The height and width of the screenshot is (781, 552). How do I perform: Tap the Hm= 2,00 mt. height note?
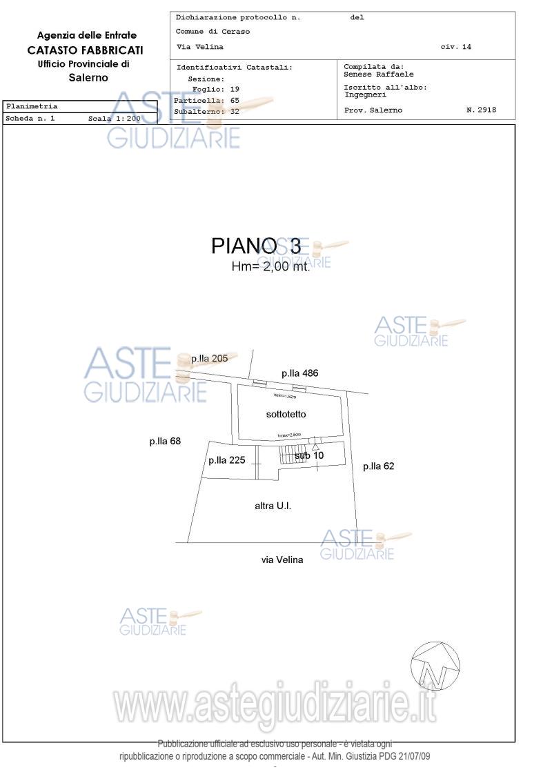click(270, 267)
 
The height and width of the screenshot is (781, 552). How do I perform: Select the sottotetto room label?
click(286, 415)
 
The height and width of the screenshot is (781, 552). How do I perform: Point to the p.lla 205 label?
click(209, 359)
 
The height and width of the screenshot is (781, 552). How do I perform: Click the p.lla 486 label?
click(299, 373)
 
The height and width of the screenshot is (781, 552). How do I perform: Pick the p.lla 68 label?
click(165, 442)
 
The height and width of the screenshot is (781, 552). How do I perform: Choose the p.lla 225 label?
click(226, 461)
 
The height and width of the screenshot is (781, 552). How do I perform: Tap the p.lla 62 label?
click(379, 466)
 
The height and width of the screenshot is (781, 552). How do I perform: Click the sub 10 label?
click(309, 455)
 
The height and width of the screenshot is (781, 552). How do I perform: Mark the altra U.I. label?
click(273, 506)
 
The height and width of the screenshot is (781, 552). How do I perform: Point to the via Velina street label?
click(282, 560)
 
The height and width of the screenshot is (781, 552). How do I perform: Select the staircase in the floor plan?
click(291, 455)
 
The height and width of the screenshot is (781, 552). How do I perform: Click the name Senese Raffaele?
click(379, 75)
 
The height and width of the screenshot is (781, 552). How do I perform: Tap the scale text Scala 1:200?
click(114, 119)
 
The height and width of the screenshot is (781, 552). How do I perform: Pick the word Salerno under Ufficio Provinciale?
click(88, 77)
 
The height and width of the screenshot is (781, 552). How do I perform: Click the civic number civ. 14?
click(455, 47)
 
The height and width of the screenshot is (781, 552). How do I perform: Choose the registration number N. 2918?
click(481, 110)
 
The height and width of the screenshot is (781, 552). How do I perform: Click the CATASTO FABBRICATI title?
click(85, 50)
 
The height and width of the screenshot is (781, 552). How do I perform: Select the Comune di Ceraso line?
click(213, 32)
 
